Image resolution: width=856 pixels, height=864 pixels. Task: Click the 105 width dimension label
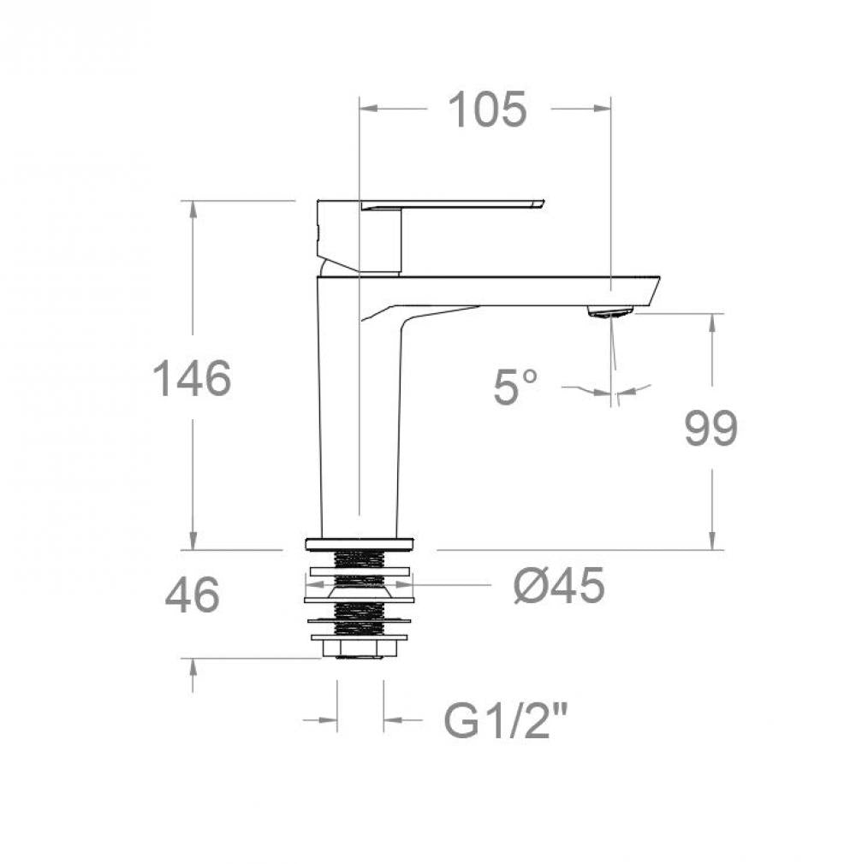click(x=487, y=109)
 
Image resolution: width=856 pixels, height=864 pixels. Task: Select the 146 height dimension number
click(x=192, y=378)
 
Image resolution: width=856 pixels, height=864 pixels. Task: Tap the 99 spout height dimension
click(x=711, y=428)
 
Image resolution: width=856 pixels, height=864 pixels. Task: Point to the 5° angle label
click(x=515, y=387)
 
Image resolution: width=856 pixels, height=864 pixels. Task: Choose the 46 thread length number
click(x=192, y=595)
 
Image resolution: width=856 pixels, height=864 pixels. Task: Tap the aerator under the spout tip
click(x=610, y=312)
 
